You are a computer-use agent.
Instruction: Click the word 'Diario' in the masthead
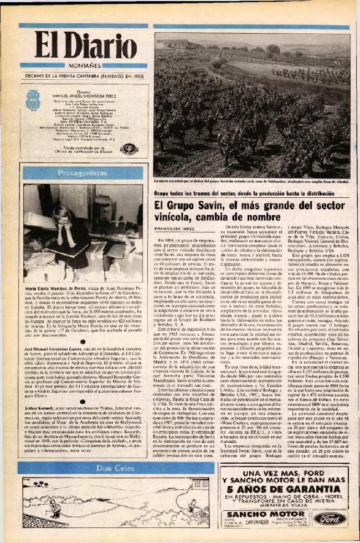click(102, 45)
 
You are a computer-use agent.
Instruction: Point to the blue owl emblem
click(33, 100)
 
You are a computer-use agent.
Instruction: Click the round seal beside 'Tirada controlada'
click(129, 149)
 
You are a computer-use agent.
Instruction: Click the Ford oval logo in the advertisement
click(330, 518)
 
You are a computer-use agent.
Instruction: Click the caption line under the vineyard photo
click(251, 181)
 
